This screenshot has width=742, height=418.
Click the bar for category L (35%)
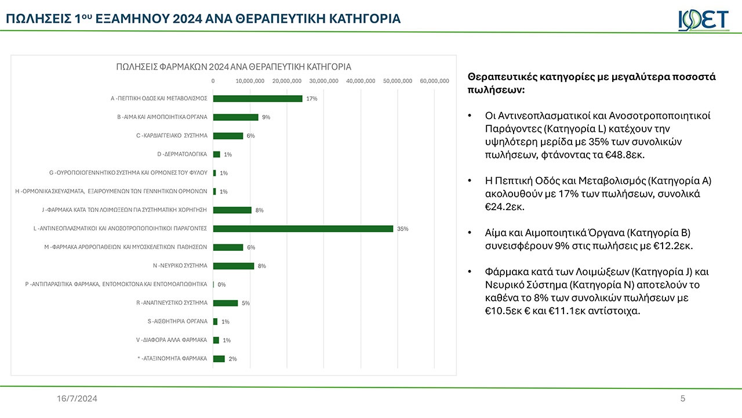pyautogui.click(x=303, y=229)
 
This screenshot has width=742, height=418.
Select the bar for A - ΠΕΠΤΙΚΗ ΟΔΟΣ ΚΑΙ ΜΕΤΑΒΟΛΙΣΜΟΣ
pyautogui.click(x=257, y=99)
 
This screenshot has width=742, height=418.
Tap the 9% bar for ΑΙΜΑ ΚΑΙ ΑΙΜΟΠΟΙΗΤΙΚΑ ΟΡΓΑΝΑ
pyautogui.click(x=235, y=117)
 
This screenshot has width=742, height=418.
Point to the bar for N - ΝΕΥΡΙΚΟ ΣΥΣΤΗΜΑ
pyautogui.click(x=234, y=266)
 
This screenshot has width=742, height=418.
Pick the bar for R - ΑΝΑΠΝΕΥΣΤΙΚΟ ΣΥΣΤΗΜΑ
pyautogui.click(x=225, y=303)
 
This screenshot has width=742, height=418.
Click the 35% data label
pyautogui.click(x=402, y=229)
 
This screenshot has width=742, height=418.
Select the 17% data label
pyautogui.click(x=311, y=99)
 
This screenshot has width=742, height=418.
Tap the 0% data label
pyautogui.click(x=221, y=284)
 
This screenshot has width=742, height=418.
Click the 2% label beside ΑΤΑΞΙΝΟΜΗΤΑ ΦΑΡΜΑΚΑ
pyautogui.click(x=232, y=359)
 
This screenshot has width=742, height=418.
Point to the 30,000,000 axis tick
pyautogui.click(x=323, y=81)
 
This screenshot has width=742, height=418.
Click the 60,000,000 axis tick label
pyautogui.click(x=434, y=81)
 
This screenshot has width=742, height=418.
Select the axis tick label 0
pyautogui.click(x=213, y=81)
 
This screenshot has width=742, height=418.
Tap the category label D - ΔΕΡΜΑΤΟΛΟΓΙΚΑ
pyautogui.click(x=182, y=154)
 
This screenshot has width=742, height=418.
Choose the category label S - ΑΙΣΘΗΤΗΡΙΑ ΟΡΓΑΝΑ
pyautogui.click(x=177, y=322)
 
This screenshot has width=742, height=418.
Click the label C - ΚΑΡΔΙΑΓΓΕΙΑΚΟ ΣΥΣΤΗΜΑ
pyautogui.click(x=172, y=136)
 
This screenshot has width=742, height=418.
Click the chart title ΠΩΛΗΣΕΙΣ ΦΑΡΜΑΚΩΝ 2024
pyautogui.click(x=234, y=67)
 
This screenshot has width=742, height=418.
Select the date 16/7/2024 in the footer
pyautogui.click(x=77, y=398)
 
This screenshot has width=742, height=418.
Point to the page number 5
pyautogui.click(x=682, y=398)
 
